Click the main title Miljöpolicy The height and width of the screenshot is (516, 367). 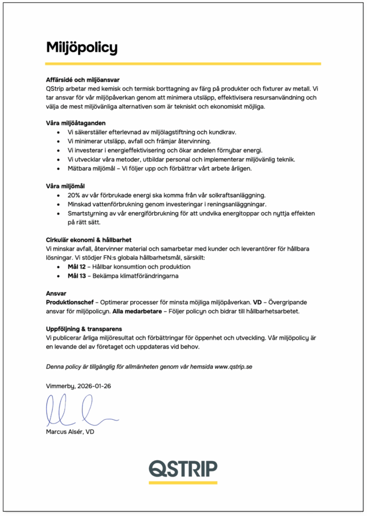(x=81, y=47)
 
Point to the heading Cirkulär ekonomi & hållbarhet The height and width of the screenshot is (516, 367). (x=89, y=240)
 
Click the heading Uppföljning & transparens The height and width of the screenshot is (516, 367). (x=84, y=329)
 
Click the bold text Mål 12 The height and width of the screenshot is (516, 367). (x=76, y=267)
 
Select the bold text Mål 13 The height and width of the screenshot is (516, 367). (x=76, y=276)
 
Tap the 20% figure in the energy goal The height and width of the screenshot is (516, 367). (x=74, y=195)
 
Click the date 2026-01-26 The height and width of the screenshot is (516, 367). (x=94, y=386)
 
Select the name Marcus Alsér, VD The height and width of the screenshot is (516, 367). (x=70, y=432)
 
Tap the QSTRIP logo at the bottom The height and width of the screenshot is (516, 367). (x=182, y=468)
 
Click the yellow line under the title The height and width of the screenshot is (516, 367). (x=183, y=63)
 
